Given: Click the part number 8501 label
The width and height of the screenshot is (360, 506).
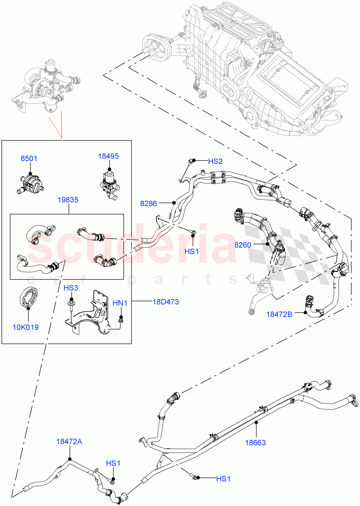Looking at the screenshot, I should [29, 159].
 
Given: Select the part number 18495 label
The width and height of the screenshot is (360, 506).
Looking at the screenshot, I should [109, 156].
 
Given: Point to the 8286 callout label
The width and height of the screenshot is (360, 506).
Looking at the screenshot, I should [148, 203].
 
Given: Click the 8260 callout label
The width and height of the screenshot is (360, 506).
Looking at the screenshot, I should [243, 244].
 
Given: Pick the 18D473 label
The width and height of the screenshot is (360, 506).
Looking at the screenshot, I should [166, 301].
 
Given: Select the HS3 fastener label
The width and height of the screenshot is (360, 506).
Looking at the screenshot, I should [71, 288].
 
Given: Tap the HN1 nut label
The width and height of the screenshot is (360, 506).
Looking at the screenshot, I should [120, 303].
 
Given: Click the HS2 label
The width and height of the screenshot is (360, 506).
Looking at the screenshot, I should [215, 161].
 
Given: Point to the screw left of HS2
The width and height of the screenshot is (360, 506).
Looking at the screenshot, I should [191, 161].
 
